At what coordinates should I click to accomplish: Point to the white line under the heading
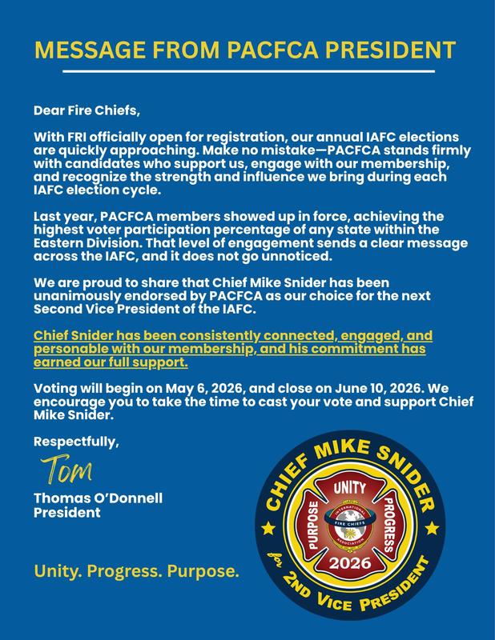[247, 72]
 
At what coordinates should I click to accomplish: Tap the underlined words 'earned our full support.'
[111, 362]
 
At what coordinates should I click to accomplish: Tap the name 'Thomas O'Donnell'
[98, 498]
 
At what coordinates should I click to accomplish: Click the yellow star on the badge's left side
[269, 529]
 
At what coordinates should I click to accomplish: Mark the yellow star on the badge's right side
[433, 528]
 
